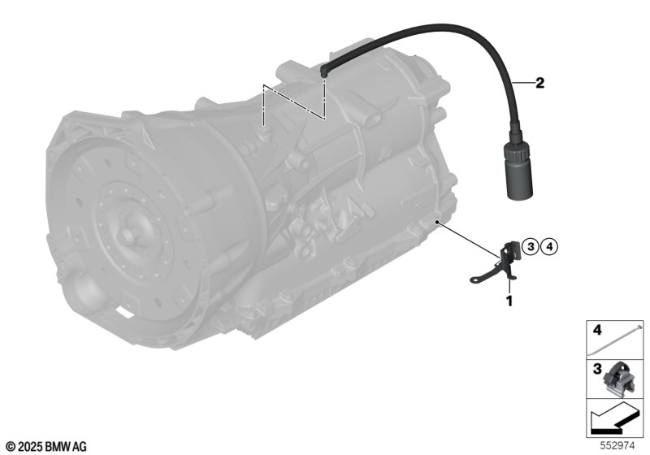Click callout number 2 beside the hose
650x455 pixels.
(x=539, y=83)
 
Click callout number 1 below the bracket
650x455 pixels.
(x=509, y=301)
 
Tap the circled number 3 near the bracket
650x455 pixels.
(x=531, y=247)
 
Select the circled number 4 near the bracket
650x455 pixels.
(x=550, y=247)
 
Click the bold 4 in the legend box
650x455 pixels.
(x=596, y=330)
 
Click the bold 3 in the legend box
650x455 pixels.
(x=596, y=369)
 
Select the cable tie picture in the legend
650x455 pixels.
(x=616, y=341)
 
